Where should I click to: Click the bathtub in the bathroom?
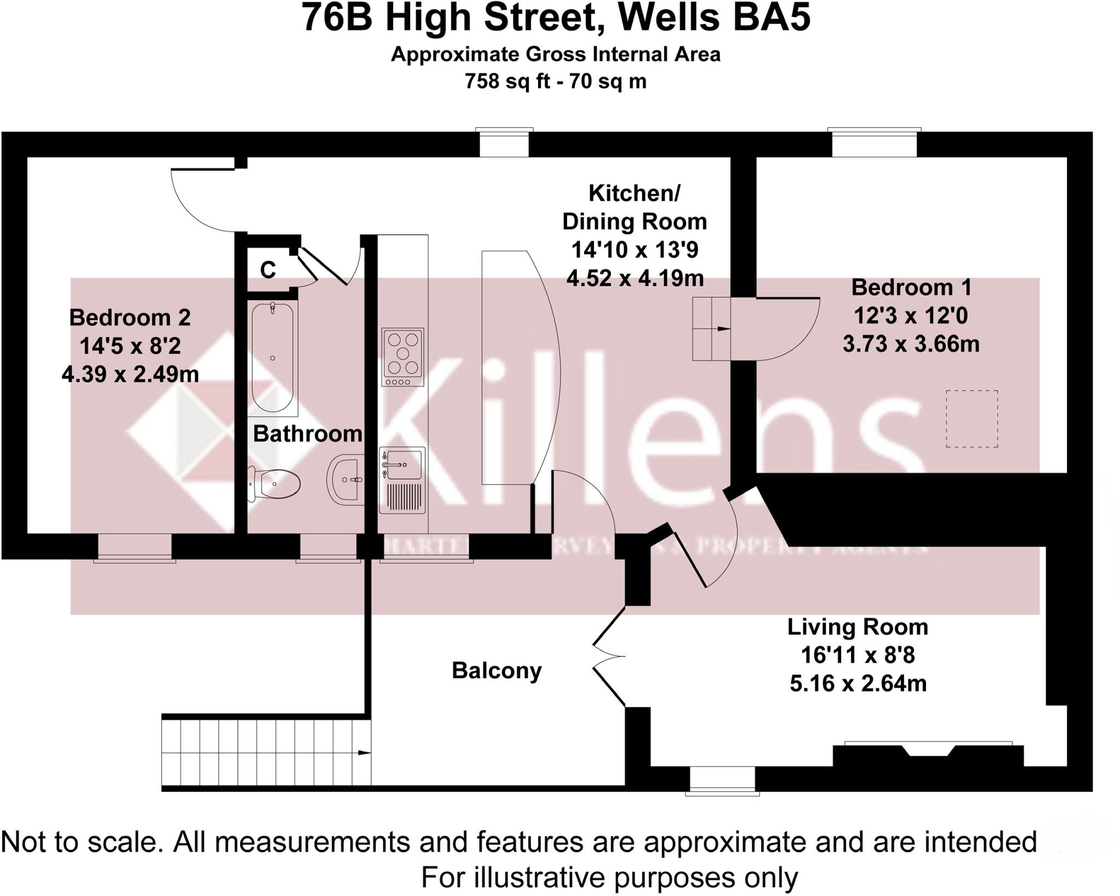click(x=272, y=357)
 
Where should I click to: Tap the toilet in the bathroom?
click(x=276, y=484)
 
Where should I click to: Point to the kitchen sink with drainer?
click(x=402, y=480)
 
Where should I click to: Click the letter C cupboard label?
click(x=268, y=270)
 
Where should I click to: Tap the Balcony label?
click(x=497, y=671)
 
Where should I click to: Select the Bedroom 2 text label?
click(x=130, y=318)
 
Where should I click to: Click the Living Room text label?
click(x=857, y=627)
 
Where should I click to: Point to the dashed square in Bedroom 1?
click(x=972, y=418)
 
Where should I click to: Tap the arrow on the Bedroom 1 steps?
click(x=723, y=329)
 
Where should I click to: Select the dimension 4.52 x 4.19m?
click(x=635, y=278)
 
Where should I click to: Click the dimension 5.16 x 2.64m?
click(x=857, y=684)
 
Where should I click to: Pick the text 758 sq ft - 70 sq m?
click(x=556, y=82)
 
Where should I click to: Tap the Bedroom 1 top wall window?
click(x=874, y=143)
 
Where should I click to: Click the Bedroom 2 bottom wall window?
click(x=135, y=547)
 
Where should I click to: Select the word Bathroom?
click(x=307, y=434)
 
